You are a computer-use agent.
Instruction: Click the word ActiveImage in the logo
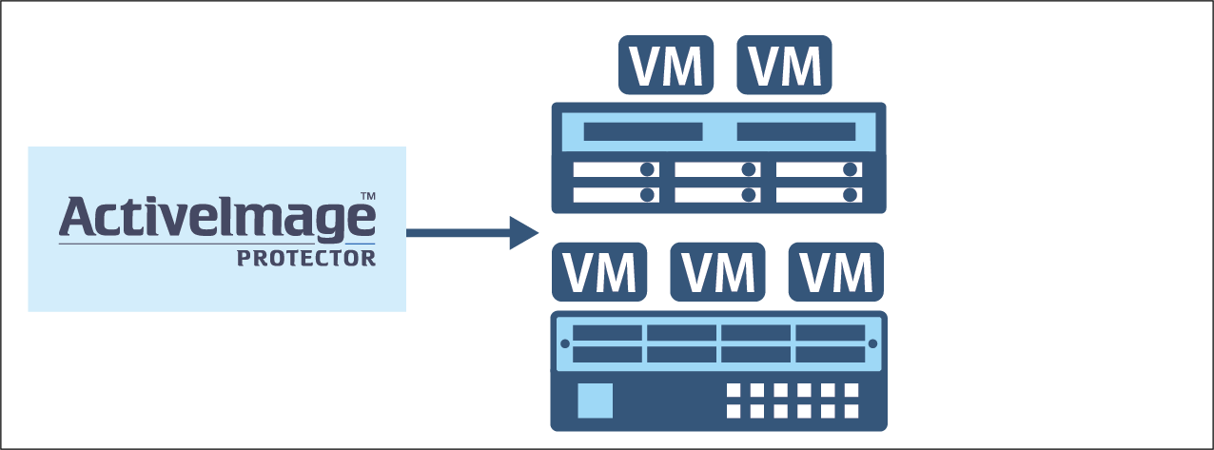(x=217, y=217)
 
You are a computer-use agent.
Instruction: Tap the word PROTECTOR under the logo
(x=306, y=258)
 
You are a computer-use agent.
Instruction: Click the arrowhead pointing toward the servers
(x=522, y=233)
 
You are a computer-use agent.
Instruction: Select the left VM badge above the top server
(x=666, y=66)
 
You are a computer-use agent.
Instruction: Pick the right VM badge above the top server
(x=785, y=66)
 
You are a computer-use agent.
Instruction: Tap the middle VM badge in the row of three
(x=718, y=271)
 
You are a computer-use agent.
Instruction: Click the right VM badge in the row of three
(x=836, y=271)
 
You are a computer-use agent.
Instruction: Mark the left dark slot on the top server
(x=642, y=131)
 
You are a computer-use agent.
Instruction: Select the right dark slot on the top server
(x=795, y=131)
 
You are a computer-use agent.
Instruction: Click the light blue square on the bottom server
(x=596, y=400)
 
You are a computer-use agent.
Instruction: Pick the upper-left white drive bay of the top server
(x=616, y=170)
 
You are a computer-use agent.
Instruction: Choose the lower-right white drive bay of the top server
(x=819, y=194)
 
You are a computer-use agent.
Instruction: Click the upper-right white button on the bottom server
(x=851, y=390)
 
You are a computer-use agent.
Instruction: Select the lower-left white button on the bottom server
(x=734, y=411)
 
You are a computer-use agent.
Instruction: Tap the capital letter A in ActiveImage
(x=77, y=217)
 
